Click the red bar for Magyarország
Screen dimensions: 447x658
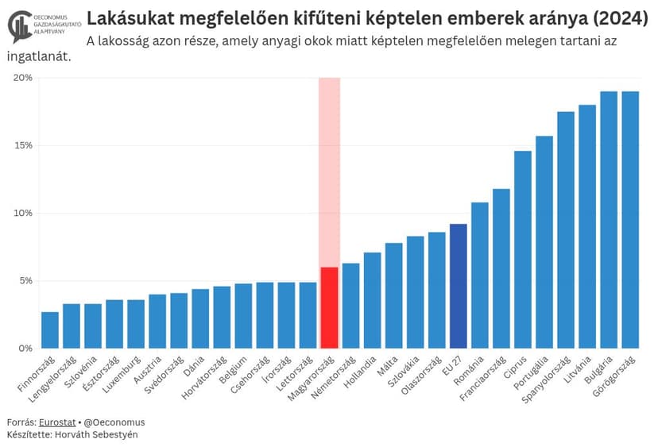tap(329, 308)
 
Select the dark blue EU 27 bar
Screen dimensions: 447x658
tap(458, 286)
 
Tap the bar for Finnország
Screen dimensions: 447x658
tap(50, 330)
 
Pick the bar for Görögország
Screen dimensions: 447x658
tap(629, 220)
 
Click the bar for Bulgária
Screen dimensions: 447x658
tap(609, 220)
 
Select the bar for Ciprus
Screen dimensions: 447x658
tap(523, 249)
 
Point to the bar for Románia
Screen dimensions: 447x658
tap(480, 276)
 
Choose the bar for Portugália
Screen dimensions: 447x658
tap(544, 242)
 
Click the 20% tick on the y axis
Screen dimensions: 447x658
tap(23, 78)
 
